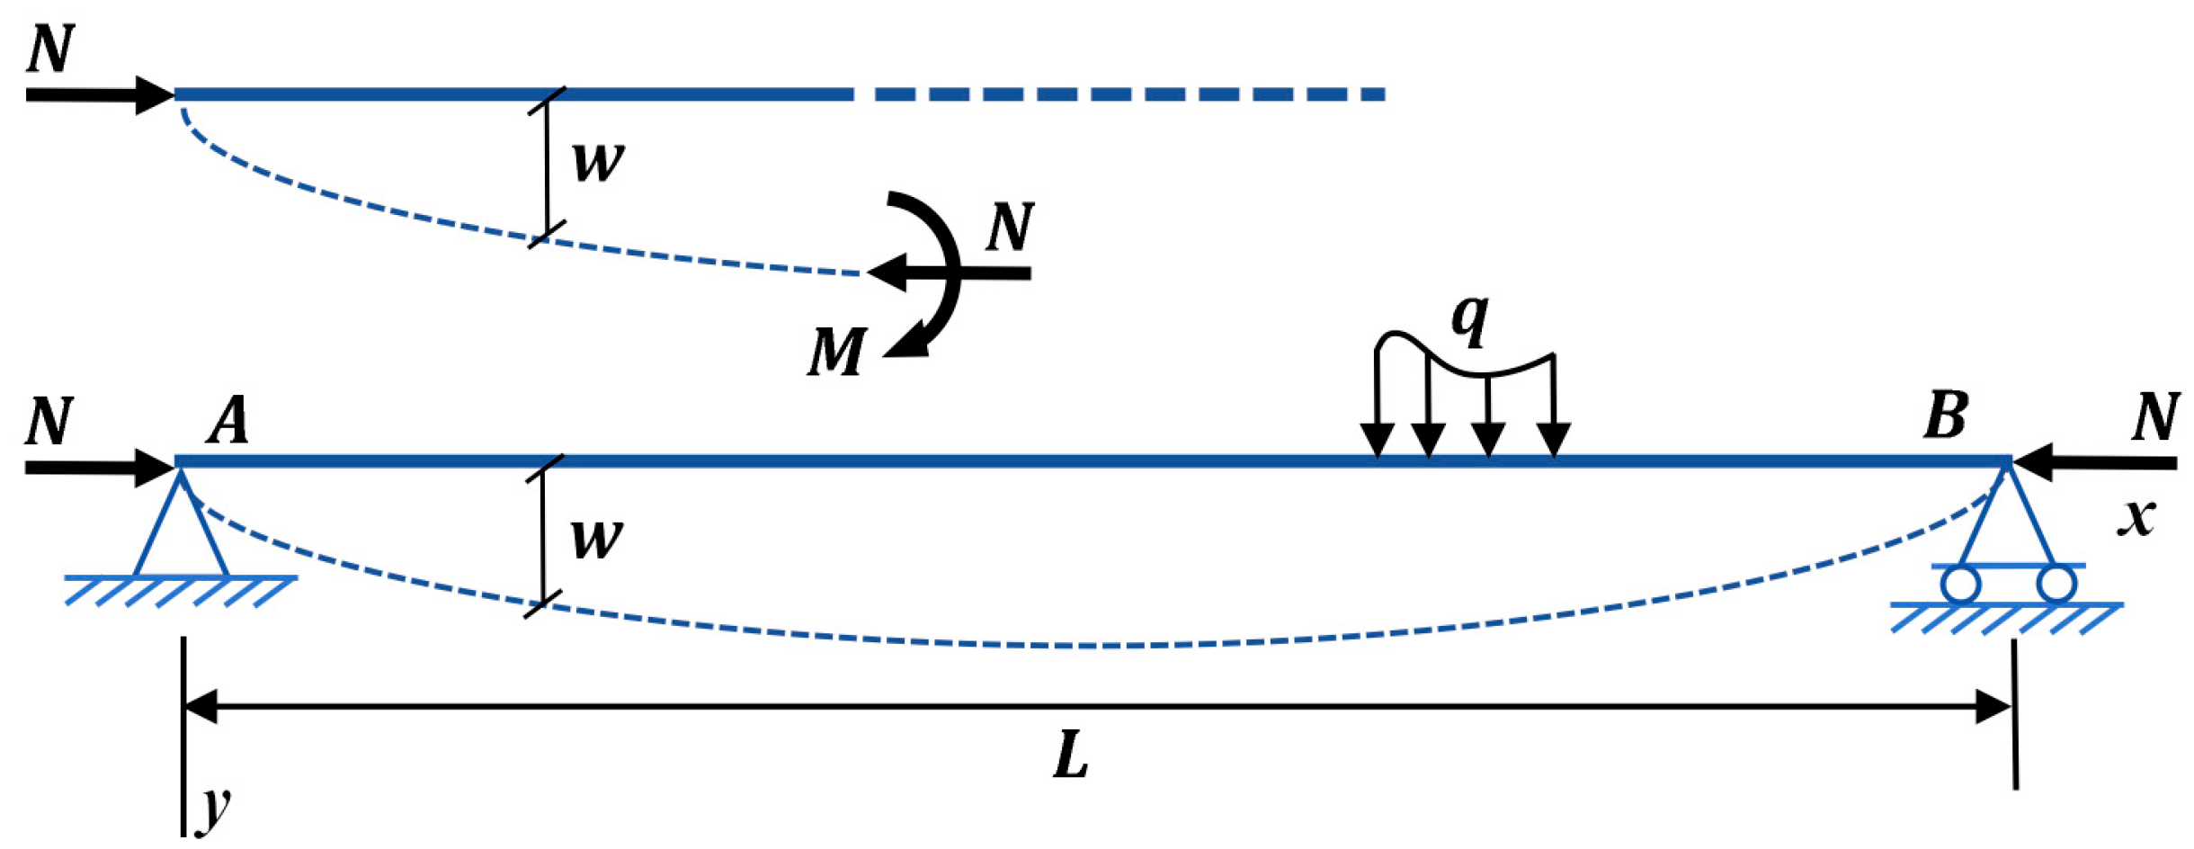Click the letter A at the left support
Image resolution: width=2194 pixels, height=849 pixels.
227,420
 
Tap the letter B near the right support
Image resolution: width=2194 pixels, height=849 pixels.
1945,416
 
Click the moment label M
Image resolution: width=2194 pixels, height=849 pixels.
836,352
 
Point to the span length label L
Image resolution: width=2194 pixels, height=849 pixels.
1070,755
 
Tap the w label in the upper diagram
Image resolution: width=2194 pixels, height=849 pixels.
597,162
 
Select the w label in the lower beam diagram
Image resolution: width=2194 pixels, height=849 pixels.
595,539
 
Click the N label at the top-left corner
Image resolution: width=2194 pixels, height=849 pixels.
50,49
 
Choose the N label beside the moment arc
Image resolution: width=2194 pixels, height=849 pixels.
1010,227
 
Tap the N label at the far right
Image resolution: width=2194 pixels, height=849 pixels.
2155,417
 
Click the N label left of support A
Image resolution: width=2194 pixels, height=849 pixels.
49,421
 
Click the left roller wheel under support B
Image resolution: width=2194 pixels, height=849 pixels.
1960,585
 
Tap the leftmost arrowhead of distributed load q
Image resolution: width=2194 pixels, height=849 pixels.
1377,440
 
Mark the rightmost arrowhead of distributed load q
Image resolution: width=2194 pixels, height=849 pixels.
1554,440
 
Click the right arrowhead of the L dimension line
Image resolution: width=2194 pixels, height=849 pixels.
1993,707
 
